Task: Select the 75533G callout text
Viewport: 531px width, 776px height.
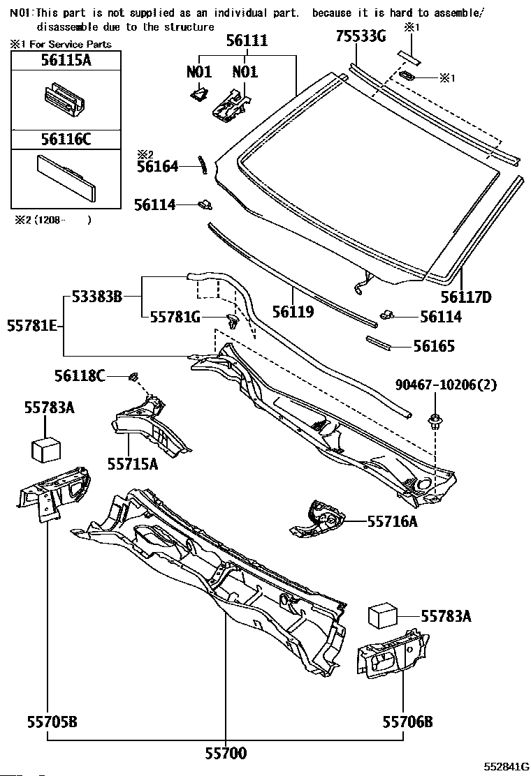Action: pos(361,36)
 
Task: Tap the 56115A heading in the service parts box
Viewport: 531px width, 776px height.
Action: pos(66,60)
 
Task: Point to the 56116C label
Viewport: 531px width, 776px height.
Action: pos(66,139)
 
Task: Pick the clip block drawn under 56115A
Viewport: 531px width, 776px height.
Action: pos(64,100)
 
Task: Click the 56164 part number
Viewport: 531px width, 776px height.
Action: pos(157,167)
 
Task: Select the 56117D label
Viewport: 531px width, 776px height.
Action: pos(466,297)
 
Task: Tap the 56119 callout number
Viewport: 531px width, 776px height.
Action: pos(293,311)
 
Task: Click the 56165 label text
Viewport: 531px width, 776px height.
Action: pos(434,346)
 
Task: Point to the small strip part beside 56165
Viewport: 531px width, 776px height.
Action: pos(379,343)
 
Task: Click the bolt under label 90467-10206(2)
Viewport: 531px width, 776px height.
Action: pos(435,421)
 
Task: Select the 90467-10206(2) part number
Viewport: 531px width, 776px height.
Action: pos(446,385)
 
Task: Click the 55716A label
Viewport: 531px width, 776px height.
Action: pos(392,521)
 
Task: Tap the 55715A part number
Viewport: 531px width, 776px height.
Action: pos(133,464)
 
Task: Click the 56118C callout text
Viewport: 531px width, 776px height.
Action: pos(80,377)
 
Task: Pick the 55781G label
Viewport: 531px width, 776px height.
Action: pos(175,317)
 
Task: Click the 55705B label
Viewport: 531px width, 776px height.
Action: pos(52,722)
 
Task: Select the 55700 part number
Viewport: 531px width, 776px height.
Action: pos(226,753)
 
